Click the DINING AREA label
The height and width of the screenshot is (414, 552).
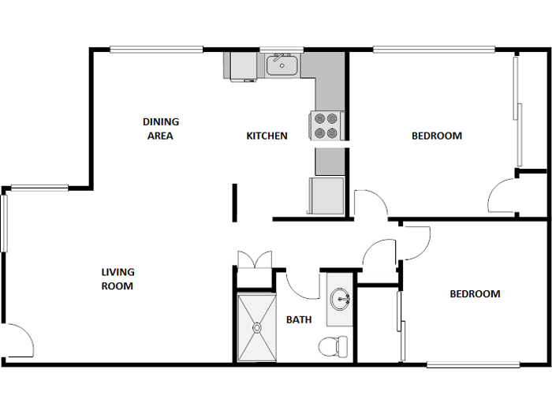[x=160, y=129]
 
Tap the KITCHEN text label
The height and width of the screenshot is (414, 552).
[x=267, y=136]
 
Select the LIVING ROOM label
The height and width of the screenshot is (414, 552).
[x=117, y=279]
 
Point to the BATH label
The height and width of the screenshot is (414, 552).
[x=299, y=319]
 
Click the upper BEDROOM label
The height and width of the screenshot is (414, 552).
[x=436, y=136]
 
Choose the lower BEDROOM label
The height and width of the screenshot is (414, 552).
[x=475, y=294]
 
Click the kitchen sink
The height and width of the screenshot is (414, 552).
[x=281, y=65]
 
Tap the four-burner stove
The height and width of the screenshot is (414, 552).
[x=330, y=125]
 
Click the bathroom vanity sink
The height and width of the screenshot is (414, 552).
[x=341, y=299]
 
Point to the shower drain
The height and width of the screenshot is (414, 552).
[x=256, y=326]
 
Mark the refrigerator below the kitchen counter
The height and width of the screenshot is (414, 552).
[x=326, y=196]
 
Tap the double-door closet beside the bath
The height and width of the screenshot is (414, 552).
[x=255, y=259]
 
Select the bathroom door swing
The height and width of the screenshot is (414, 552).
[x=300, y=284]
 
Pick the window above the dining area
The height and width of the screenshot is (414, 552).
[x=155, y=50]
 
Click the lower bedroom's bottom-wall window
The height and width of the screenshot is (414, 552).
[x=473, y=364]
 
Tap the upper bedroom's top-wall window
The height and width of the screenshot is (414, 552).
[x=434, y=50]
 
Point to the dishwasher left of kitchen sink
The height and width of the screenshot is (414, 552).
[x=240, y=67]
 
